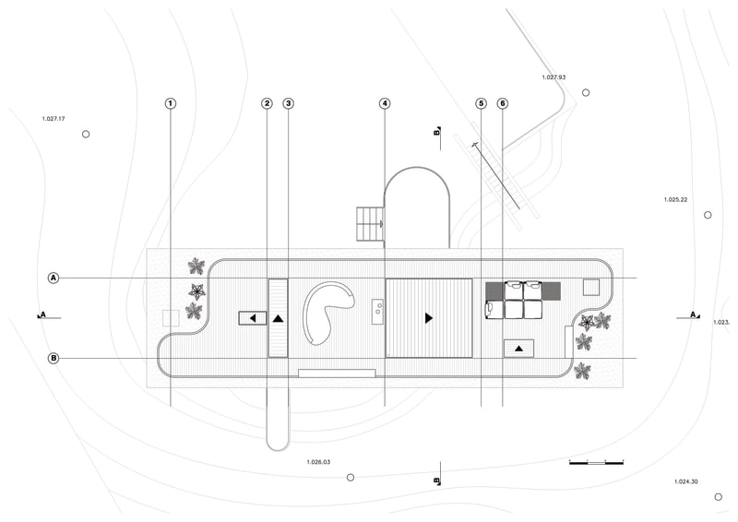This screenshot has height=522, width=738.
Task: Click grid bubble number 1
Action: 171,103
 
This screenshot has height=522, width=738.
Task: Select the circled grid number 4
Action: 385,103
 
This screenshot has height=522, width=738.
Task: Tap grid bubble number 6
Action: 502,103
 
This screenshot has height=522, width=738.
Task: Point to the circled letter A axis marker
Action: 54,278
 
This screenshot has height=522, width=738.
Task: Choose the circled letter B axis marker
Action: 54,358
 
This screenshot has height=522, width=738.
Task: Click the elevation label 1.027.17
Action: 54,119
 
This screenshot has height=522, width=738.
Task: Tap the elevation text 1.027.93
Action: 553,77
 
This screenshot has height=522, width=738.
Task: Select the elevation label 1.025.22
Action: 675,199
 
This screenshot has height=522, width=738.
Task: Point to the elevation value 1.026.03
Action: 318,462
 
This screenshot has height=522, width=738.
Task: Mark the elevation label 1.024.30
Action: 685,481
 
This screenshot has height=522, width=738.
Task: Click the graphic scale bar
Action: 596,462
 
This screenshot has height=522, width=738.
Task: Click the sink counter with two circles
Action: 378,312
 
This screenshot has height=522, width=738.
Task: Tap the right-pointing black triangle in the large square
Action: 428,318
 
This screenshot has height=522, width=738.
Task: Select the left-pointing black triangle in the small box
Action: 252,319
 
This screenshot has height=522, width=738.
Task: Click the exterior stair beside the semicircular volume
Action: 370,224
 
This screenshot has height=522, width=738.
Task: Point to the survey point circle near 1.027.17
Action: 86,134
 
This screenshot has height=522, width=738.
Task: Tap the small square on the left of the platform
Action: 171,317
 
